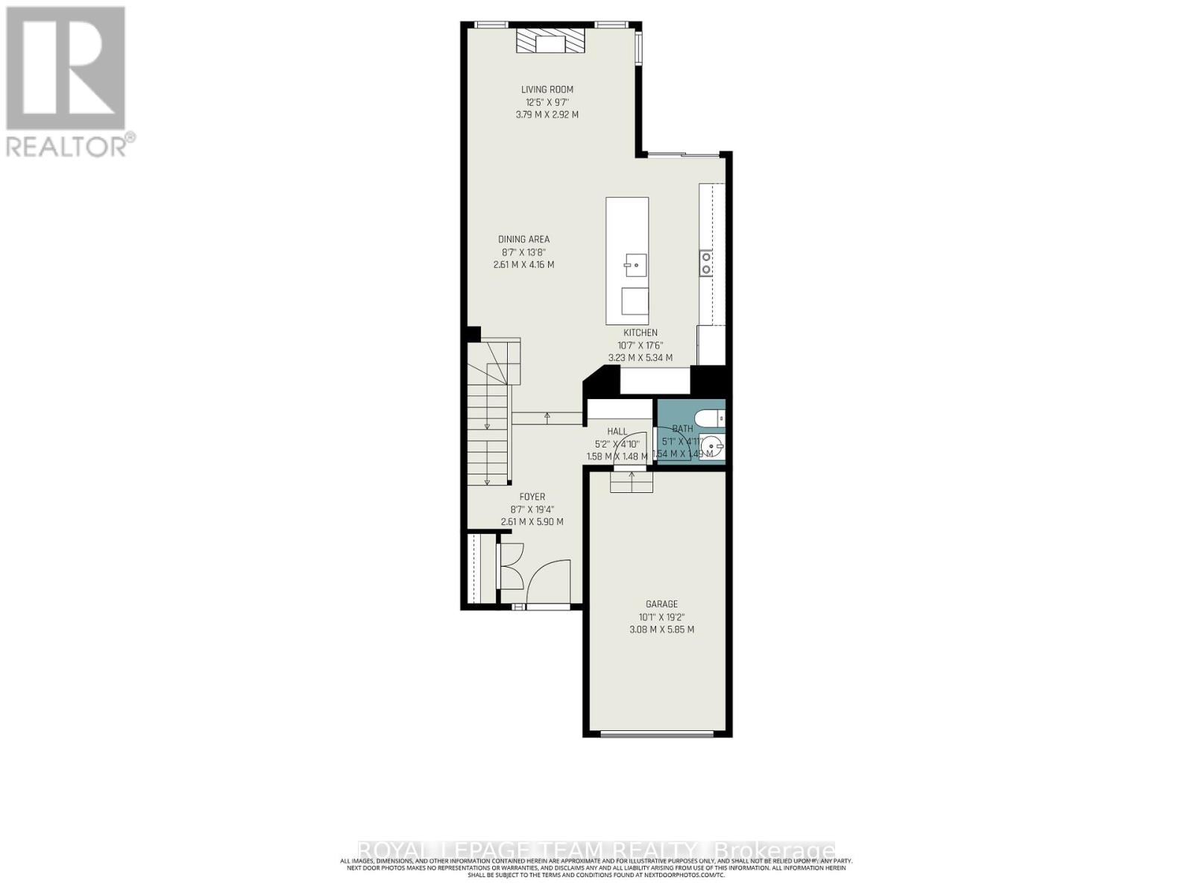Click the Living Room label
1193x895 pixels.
pyautogui.click(x=547, y=89)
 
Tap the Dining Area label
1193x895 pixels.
pyautogui.click(x=523, y=239)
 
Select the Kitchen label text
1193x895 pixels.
pyautogui.click(x=640, y=333)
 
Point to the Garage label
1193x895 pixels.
pyautogui.click(x=661, y=604)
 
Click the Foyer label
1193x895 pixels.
pyautogui.click(x=532, y=497)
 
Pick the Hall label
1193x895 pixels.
pyautogui.click(x=617, y=431)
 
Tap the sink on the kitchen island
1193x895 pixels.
pyautogui.click(x=635, y=264)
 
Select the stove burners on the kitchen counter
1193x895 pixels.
pyautogui.click(x=705, y=263)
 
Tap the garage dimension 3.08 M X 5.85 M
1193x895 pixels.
pyautogui.click(x=661, y=629)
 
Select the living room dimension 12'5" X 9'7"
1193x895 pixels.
pyautogui.click(x=547, y=102)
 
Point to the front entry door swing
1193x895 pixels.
pyautogui.click(x=548, y=580)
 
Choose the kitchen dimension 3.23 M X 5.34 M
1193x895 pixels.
pyautogui.click(x=640, y=358)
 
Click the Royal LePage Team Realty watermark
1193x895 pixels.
pyautogui.click(x=596, y=851)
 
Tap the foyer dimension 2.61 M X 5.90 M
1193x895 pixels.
pyautogui.click(x=532, y=522)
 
